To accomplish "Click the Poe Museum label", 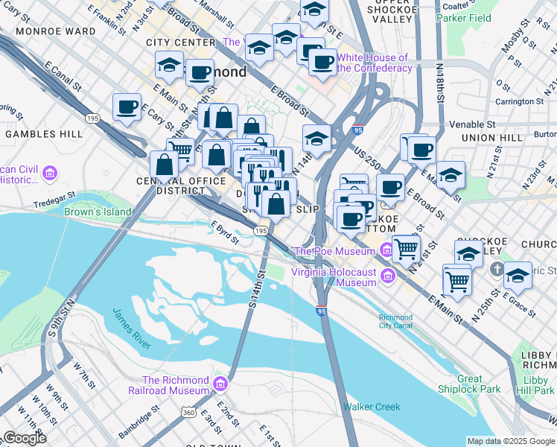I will pyautogui.click(x=337, y=251).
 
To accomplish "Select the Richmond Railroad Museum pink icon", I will pyautogui.click(x=219, y=384).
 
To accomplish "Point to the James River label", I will pyautogui.click(x=132, y=329).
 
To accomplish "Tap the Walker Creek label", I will pyautogui.click(x=372, y=407).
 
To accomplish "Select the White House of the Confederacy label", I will pyautogui.click(x=374, y=63).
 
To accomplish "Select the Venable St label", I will pyautogui.click(x=473, y=124).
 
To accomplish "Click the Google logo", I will pyautogui.click(x=24, y=438).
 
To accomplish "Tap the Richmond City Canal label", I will pyautogui.click(x=395, y=321).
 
